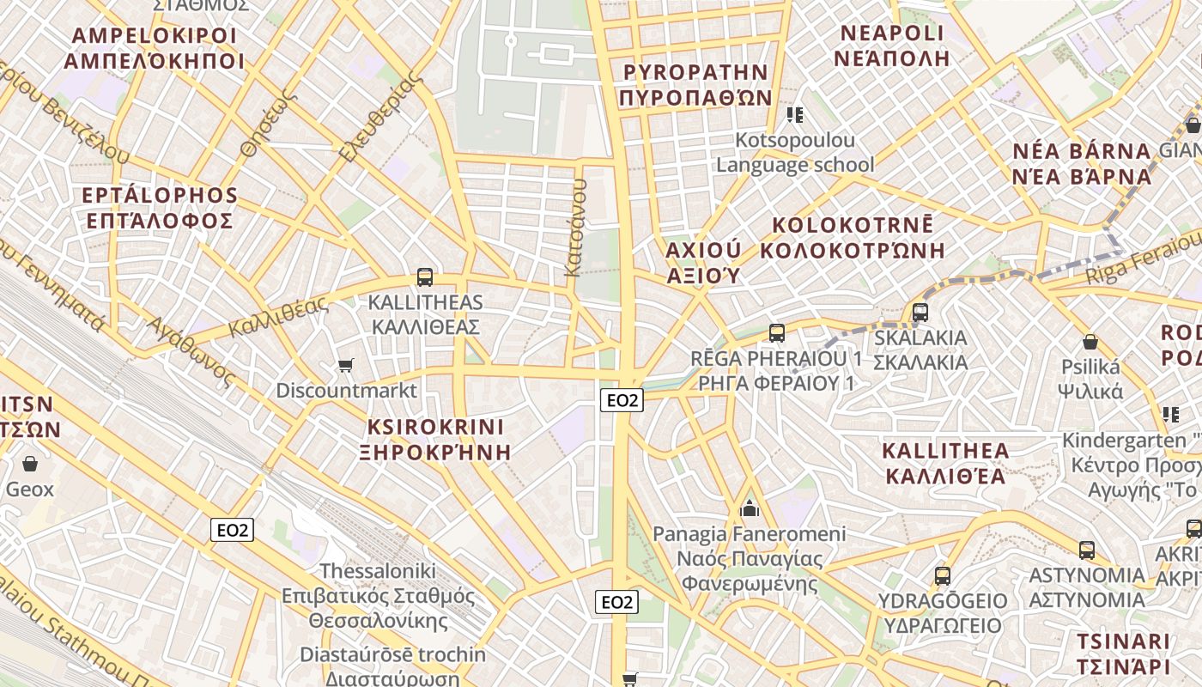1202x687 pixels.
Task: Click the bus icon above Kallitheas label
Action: click(424, 277)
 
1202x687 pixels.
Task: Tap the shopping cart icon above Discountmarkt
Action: click(346, 366)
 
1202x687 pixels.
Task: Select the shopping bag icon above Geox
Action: click(30, 465)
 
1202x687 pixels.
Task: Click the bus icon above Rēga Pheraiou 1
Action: click(777, 332)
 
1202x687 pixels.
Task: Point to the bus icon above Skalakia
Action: click(920, 313)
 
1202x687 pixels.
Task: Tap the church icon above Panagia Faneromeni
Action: click(750, 509)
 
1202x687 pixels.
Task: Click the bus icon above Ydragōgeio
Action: click(943, 576)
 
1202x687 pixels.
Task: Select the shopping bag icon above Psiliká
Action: click(1090, 342)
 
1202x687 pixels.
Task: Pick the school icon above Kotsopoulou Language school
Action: click(795, 114)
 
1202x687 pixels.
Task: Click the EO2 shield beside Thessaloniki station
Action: click(232, 530)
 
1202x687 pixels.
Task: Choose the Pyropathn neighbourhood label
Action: click(695, 84)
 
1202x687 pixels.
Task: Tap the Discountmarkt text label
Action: click(346, 391)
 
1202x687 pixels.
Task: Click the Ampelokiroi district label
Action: click(154, 48)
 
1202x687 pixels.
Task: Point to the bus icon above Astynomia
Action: click(1087, 550)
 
